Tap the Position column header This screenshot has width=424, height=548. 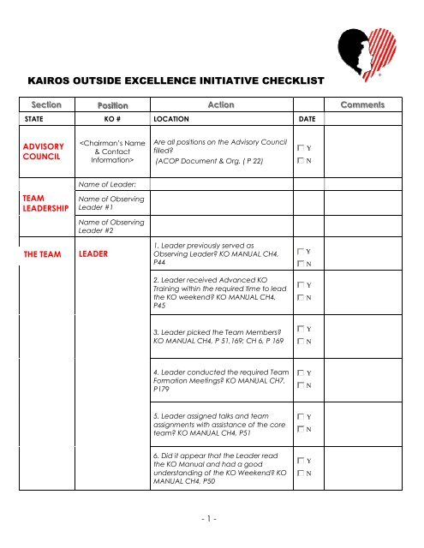click(x=108, y=104)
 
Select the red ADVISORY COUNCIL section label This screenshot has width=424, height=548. click(x=42, y=152)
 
